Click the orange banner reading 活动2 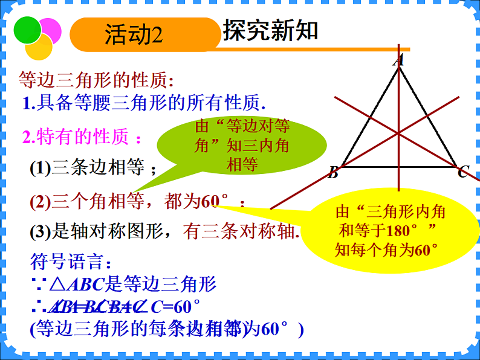144,34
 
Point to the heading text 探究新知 270,30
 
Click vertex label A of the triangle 398,60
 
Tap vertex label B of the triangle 332,174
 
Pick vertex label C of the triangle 462,173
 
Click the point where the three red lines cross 398,132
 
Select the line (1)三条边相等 94,169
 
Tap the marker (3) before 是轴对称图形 41,231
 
